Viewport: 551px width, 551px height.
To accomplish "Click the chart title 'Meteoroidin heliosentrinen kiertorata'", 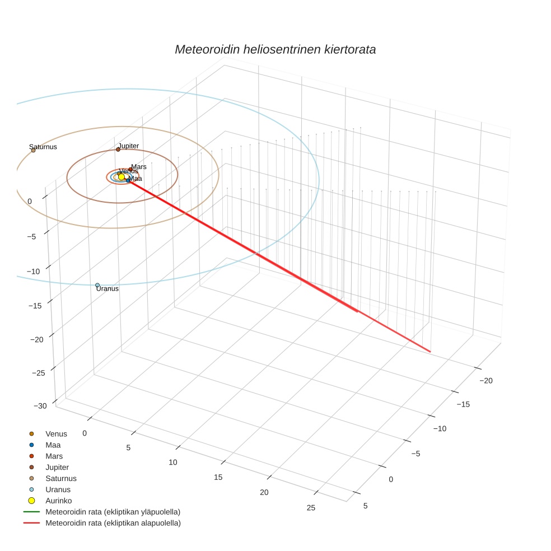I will click(x=275, y=49).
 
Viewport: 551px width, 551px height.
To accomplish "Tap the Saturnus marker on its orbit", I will click(x=33, y=150).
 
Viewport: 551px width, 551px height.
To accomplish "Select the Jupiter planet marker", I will click(x=118, y=150).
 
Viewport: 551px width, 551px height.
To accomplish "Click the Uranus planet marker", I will click(x=97, y=285).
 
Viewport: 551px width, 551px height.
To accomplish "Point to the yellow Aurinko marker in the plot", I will click(x=122, y=177).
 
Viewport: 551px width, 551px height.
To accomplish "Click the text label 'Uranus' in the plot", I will click(x=108, y=289).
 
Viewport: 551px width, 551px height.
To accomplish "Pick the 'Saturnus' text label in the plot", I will click(x=43, y=147).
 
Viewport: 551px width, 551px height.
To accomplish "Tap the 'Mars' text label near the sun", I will click(x=139, y=167).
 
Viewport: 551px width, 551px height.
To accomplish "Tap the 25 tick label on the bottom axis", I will click(x=311, y=508).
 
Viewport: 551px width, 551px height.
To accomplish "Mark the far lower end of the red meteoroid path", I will click(x=429, y=352).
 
